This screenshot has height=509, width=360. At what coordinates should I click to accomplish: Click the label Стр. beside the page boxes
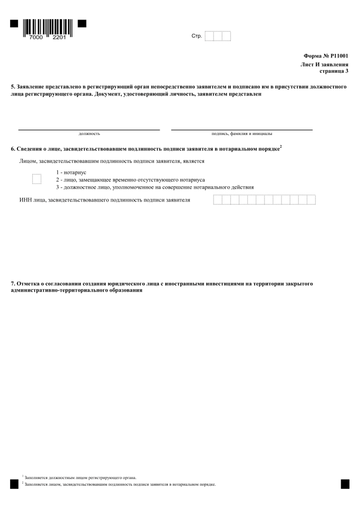click(x=196, y=36)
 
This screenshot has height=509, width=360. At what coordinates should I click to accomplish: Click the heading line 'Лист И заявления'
click(x=324, y=64)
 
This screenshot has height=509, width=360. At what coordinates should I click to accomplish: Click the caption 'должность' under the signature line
click(x=89, y=134)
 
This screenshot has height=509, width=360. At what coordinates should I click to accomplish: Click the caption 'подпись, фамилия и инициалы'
click(x=241, y=134)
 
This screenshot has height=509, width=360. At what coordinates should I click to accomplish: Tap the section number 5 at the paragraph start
click(x=13, y=86)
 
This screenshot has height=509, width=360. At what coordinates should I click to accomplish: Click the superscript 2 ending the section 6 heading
click(x=281, y=148)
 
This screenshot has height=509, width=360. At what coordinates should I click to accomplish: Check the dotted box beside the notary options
click(x=36, y=179)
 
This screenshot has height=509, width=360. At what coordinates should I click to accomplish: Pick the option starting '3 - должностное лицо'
click(x=154, y=187)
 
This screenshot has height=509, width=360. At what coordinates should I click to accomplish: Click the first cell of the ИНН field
click(x=217, y=200)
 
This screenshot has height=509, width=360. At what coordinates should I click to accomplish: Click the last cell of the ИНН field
click(x=311, y=200)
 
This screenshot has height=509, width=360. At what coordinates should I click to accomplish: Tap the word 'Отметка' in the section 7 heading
click(x=29, y=284)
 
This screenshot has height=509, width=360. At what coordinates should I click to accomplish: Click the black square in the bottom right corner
click(x=345, y=483)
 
